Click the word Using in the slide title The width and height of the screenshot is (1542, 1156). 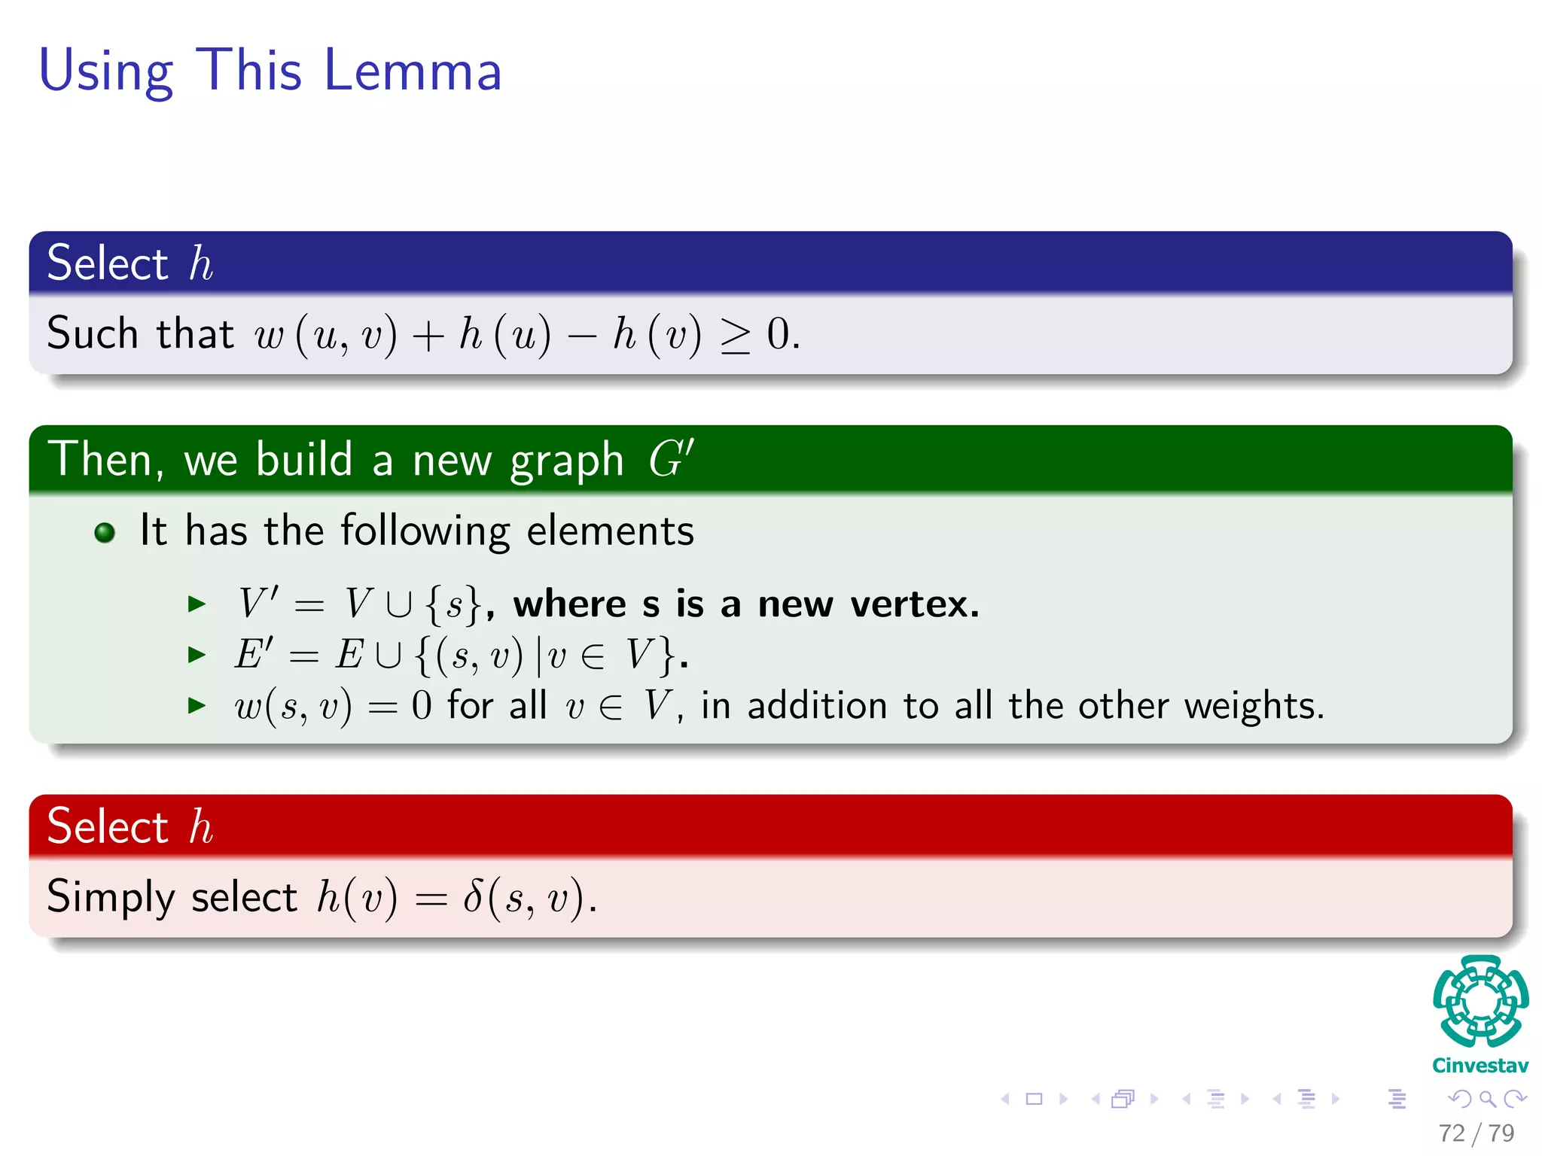(105, 72)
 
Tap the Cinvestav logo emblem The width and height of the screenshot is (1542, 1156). (1480, 1001)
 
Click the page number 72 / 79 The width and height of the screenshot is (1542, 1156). (1476, 1133)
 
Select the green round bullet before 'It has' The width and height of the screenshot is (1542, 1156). (105, 533)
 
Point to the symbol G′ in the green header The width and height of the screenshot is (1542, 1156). (670, 458)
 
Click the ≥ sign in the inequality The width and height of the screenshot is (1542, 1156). (735, 336)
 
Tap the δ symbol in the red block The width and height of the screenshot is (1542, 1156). (473, 896)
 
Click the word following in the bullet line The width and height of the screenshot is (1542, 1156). (425, 531)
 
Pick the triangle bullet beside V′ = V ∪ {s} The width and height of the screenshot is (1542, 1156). (197, 604)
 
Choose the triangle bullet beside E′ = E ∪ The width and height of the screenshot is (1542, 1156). (197, 655)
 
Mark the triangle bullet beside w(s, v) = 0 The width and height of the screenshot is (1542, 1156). (197, 705)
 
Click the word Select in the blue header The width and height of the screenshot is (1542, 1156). (107, 263)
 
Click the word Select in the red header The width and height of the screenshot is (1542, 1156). (107, 826)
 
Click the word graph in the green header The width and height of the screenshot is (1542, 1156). (566, 460)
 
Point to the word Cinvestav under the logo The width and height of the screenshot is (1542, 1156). (1480, 1066)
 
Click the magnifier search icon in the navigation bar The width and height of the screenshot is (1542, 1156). (1487, 1099)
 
